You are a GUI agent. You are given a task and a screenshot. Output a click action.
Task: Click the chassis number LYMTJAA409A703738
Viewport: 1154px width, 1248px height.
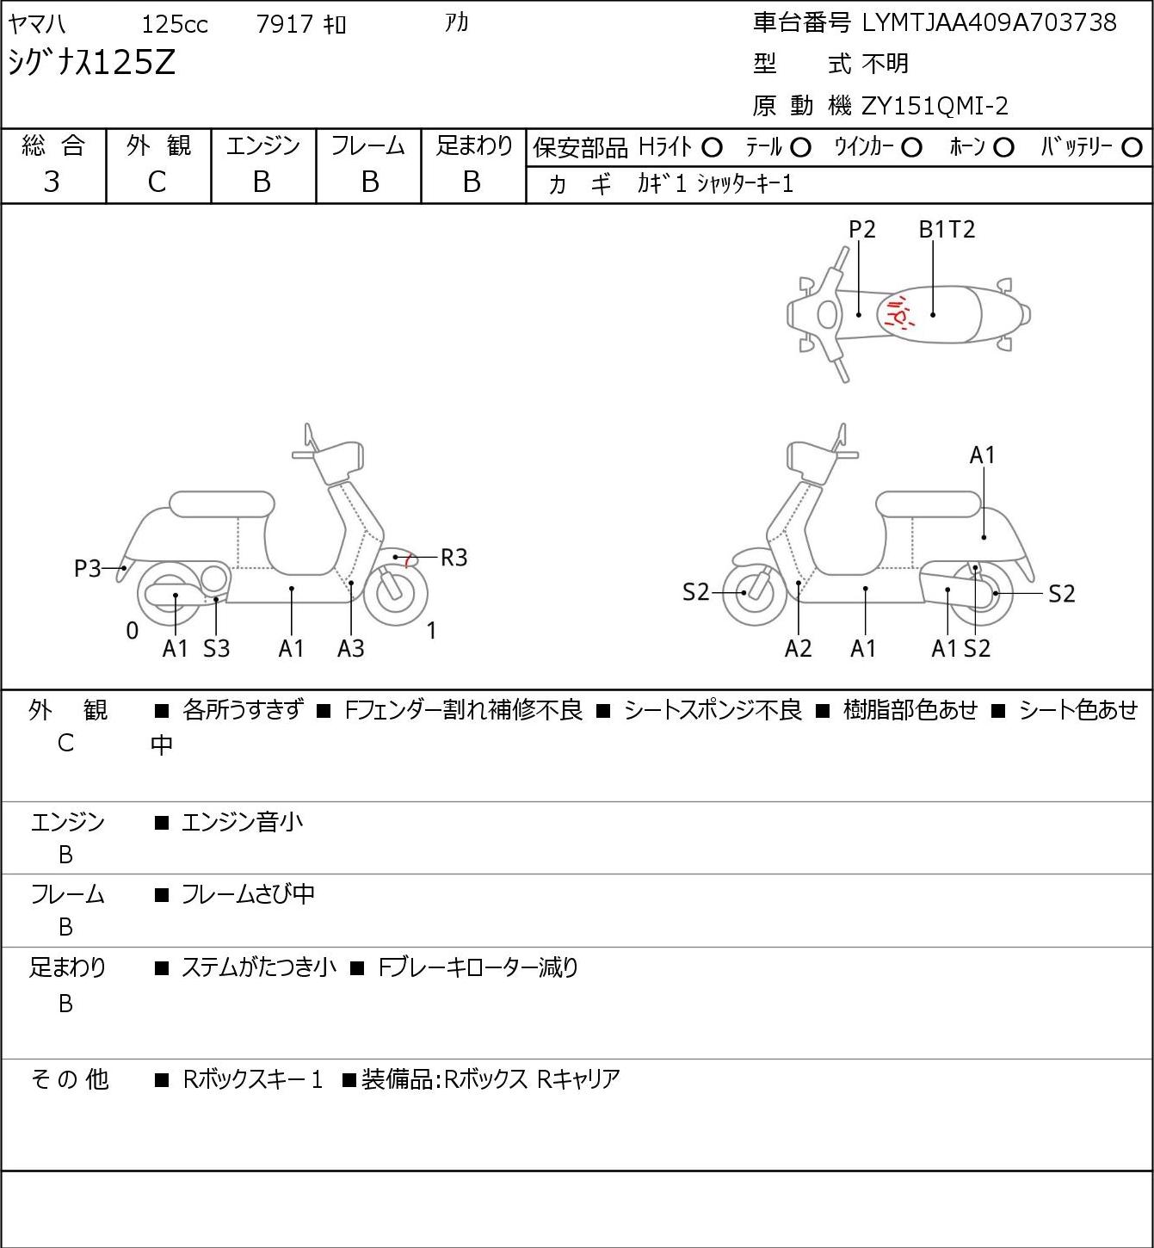(x=989, y=23)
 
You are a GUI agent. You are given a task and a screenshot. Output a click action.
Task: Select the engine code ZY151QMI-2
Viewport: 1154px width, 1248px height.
(x=935, y=106)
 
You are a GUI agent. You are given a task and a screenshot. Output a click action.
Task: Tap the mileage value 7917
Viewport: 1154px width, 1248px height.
(x=285, y=24)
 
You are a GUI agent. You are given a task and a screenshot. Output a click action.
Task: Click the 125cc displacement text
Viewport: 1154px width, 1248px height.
(x=175, y=24)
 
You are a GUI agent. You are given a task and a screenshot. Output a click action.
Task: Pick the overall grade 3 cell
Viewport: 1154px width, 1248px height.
(x=52, y=182)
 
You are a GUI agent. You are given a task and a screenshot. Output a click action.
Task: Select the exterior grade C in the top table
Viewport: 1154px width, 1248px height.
(x=157, y=182)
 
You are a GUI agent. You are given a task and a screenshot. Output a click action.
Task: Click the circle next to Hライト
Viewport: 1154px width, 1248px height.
(x=712, y=148)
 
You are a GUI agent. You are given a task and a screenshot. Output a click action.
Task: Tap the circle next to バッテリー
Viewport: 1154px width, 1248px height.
(x=1132, y=148)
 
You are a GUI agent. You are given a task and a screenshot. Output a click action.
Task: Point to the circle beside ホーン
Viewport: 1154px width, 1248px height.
(x=1003, y=148)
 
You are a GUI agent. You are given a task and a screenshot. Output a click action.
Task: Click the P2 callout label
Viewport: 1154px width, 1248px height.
(x=861, y=229)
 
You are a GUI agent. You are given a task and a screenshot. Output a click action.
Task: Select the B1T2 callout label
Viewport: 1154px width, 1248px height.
(x=947, y=229)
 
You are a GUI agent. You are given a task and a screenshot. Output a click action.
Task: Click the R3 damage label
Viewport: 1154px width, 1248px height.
(x=454, y=558)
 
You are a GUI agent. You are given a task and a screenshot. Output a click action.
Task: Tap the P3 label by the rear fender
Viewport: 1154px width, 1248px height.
(x=88, y=569)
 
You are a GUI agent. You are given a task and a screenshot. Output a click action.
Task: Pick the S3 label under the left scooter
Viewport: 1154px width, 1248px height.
(x=216, y=648)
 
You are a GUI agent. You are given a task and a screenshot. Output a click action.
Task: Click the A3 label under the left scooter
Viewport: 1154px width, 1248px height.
(x=351, y=648)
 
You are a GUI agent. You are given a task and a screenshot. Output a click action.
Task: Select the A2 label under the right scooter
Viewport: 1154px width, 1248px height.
(x=799, y=648)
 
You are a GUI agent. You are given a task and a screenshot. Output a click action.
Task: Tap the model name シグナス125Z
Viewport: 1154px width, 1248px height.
(x=92, y=63)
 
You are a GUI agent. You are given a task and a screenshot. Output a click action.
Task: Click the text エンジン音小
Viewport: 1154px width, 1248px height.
(x=242, y=822)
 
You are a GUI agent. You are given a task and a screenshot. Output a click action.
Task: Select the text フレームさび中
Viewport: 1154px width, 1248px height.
(x=248, y=894)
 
